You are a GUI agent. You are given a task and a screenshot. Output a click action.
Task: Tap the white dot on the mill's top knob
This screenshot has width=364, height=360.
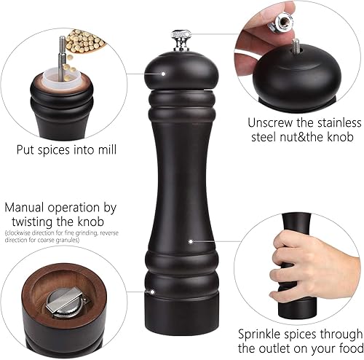coord(164,73)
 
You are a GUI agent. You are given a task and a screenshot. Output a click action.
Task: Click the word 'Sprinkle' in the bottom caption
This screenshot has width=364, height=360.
coord(264,337)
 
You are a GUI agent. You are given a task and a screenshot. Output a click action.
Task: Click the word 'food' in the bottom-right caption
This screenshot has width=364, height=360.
coord(349,351)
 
